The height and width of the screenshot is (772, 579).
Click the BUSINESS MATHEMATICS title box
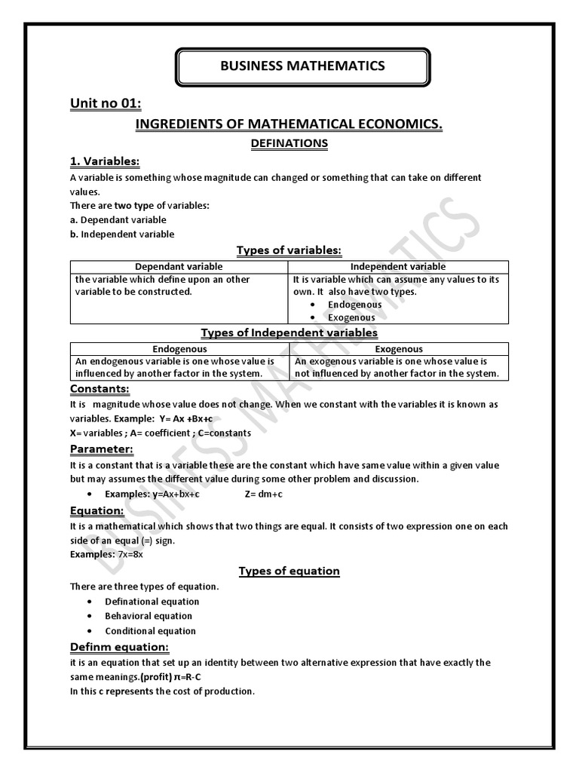pos(302,66)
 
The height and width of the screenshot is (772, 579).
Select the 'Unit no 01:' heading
pos(106,104)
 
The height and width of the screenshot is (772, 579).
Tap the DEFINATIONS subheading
pos(289,142)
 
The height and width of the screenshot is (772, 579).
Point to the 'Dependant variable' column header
pos(179,267)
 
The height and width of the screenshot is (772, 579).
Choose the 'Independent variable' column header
pos(399,267)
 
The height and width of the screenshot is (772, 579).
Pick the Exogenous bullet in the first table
pos(351,317)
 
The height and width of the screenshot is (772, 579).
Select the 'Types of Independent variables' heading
pos(289,332)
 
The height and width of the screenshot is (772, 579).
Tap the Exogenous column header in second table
pos(399,349)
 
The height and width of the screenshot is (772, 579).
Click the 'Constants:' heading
pos(100,389)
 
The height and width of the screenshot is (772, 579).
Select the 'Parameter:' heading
pos(101,449)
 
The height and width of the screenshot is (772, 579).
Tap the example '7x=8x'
pos(130,554)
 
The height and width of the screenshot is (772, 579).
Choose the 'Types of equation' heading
pos(289,571)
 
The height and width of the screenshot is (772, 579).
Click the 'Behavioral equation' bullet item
pos(149,616)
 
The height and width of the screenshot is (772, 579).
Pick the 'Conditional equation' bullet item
pos(150,631)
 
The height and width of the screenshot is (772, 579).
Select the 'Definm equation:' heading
pos(119,648)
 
